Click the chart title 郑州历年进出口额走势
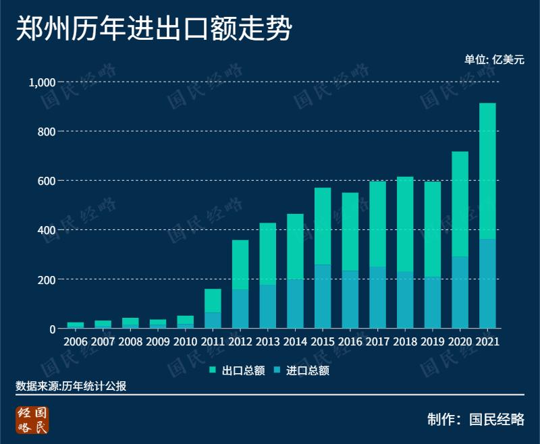click(154, 30)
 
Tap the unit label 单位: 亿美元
click(493, 59)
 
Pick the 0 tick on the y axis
click(51, 329)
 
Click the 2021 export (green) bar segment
click(487, 171)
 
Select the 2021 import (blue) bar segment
click(487, 283)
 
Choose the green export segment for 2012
click(240, 265)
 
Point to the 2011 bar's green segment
click(213, 300)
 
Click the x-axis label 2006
click(76, 341)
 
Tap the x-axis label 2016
click(350, 341)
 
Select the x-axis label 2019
click(433, 341)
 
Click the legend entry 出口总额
click(236, 370)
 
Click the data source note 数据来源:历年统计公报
click(71, 386)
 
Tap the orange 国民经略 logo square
click(33, 420)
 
